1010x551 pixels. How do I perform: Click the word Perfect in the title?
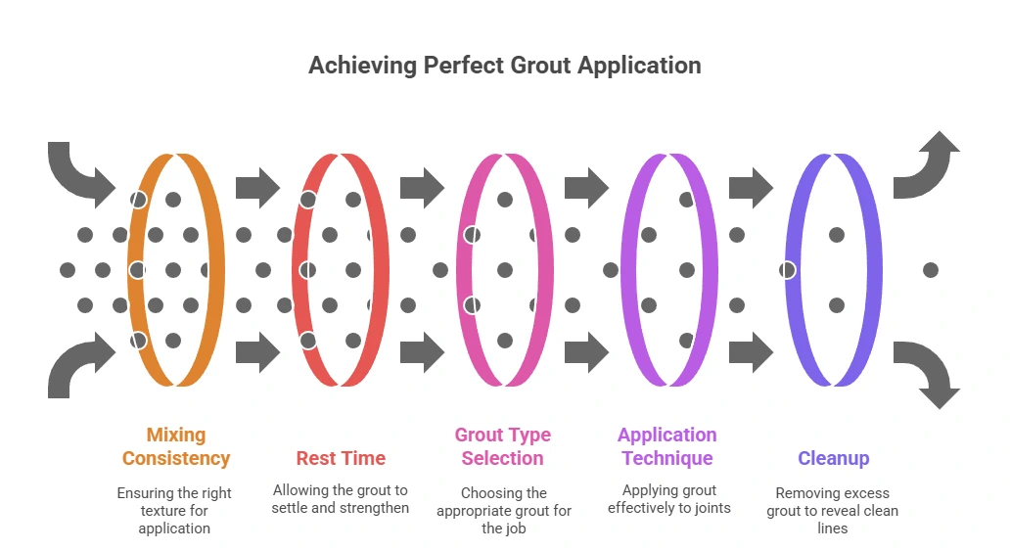click(x=463, y=66)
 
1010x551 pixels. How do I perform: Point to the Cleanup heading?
click(x=833, y=458)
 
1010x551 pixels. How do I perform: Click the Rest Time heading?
click(x=341, y=458)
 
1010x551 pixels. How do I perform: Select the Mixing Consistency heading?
click(x=176, y=446)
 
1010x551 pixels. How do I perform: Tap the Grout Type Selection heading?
click(x=502, y=446)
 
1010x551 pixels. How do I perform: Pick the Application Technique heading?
click(x=667, y=446)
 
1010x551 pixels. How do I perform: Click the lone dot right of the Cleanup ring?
click(x=930, y=270)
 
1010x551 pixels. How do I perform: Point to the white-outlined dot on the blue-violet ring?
click(x=788, y=270)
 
